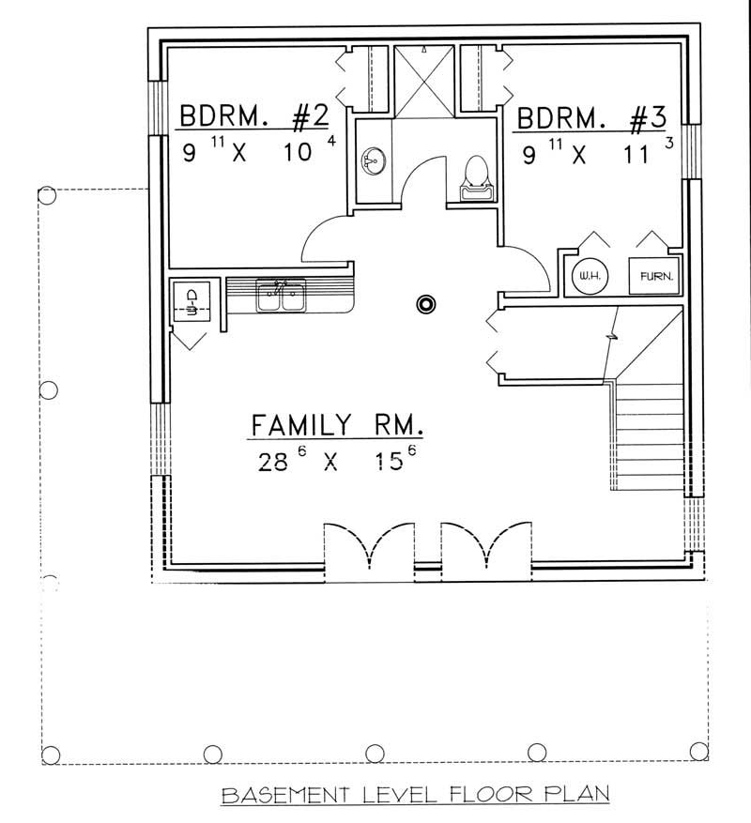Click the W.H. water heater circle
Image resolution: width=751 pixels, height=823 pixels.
click(x=590, y=276)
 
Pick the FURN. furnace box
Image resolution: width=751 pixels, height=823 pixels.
click(x=653, y=276)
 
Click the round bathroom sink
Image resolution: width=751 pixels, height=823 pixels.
click(x=374, y=161)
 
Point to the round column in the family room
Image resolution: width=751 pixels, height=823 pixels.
click(x=427, y=304)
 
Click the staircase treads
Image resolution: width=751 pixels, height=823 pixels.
click(x=650, y=436)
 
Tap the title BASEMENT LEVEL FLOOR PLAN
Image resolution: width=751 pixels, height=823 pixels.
click(x=415, y=796)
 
